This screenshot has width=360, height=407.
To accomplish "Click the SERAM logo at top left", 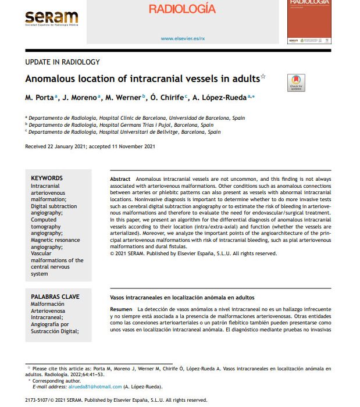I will [x=51, y=18].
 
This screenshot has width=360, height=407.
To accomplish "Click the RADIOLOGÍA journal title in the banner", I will [x=182, y=9].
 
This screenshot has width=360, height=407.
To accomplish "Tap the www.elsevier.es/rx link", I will [x=183, y=38].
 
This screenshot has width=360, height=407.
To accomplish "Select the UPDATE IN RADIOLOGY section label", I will [x=63, y=62].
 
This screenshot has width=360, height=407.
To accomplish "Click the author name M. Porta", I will [x=40, y=98].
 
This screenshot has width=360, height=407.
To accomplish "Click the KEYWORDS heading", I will [x=47, y=178].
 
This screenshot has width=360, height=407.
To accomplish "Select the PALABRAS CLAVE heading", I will [x=55, y=297].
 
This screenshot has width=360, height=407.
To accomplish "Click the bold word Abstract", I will [x=120, y=178].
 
